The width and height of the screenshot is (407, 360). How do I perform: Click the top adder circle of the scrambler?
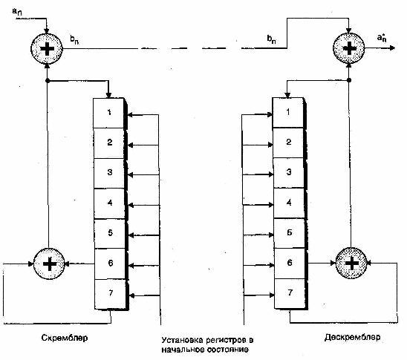pyautogui.click(x=47, y=48)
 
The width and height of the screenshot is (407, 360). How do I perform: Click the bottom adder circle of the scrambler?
pyautogui.click(x=49, y=264)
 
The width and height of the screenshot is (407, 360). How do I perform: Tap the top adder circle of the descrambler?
pyautogui.click(x=349, y=48)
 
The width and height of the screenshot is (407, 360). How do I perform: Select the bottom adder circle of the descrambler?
pyautogui.click(x=351, y=263)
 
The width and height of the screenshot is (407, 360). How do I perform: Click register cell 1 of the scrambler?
pyautogui.click(x=108, y=113)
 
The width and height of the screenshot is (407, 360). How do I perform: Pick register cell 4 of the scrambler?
pyautogui.click(x=109, y=203)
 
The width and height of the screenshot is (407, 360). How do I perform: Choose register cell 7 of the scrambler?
pyautogui.click(x=111, y=294)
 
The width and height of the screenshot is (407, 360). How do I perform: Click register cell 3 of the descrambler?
pyautogui.click(x=289, y=172)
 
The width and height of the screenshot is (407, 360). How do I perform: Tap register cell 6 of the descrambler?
pyautogui.click(x=290, y=264)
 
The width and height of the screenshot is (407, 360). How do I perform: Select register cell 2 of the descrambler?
pyautogui.click(x=288, y=143)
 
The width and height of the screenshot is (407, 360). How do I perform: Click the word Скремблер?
pyautogui.click(x=65, y=338)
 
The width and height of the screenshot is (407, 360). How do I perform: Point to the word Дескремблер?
pyautogui.click(x=352, y=337)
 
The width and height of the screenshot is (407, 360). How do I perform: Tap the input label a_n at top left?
pyautogui.click(x=17, y=12)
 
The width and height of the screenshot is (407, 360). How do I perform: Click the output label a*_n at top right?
pyautogui.click(x=382, y=38)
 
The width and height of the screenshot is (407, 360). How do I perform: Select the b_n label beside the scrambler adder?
pyautogui.click(x=74, y=39)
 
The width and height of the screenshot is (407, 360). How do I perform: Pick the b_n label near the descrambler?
pyautogui.click(x=272, y=39)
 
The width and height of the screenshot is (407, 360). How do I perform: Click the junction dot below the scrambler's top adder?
pyautogui.click(x=48, y=81)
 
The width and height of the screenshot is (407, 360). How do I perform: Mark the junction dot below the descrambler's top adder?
pyautogui.click(x=349, y=80)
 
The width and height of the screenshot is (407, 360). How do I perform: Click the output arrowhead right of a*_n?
pyautogui.click(x=392, y=48)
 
